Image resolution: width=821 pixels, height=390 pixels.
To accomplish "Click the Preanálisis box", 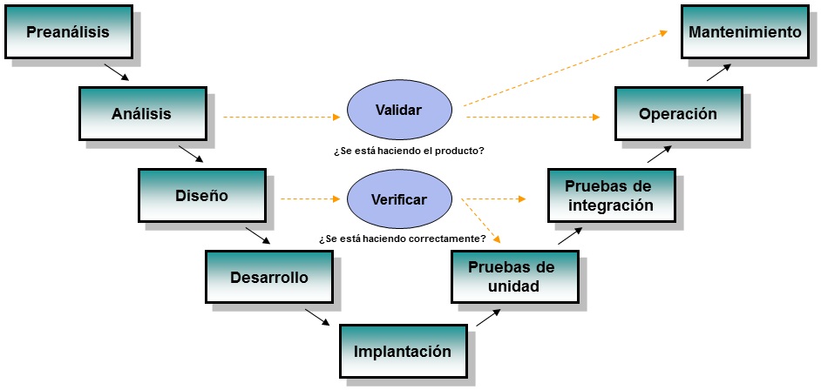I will [x=68, y=33].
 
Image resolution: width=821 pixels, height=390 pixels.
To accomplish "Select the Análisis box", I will [x=141, y=113].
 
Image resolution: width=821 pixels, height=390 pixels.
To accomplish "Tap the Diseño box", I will [x=200, y=195].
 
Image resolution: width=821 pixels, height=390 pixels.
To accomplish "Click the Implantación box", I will [x=402, y=352].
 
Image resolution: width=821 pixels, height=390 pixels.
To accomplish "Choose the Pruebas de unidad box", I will [x=514, y=276].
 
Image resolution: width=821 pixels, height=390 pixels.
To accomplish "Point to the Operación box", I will [x=677, y=114].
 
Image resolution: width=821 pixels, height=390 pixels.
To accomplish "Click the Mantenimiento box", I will [x=744, y=33].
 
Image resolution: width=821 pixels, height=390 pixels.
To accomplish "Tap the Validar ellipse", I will [x=399, y=111].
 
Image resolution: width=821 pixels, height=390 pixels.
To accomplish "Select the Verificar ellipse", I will [x=399, y=199].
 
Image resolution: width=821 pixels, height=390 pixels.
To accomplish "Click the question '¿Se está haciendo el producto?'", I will [x=409, y=151].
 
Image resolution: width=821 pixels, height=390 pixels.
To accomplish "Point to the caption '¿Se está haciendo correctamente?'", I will [x=402, y=239].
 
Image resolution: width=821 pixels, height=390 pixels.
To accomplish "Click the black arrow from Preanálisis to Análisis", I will [x=116, y=71].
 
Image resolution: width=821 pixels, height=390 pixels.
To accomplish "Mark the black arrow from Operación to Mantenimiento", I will [x=718, y=71].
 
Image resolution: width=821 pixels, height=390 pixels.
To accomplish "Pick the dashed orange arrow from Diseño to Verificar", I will [x=309, y=199].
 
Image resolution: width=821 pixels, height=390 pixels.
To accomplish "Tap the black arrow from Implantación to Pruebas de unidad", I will [x=487, y=319].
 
